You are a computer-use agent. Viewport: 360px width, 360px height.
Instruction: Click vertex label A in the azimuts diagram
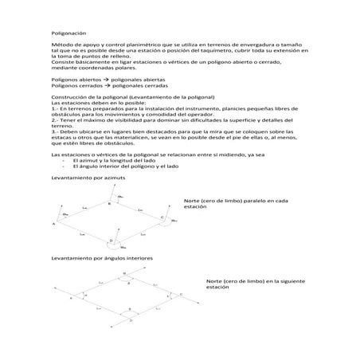54,225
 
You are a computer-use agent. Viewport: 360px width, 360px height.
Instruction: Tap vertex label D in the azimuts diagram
110,240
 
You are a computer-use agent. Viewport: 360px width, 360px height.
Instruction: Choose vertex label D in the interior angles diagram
119,319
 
